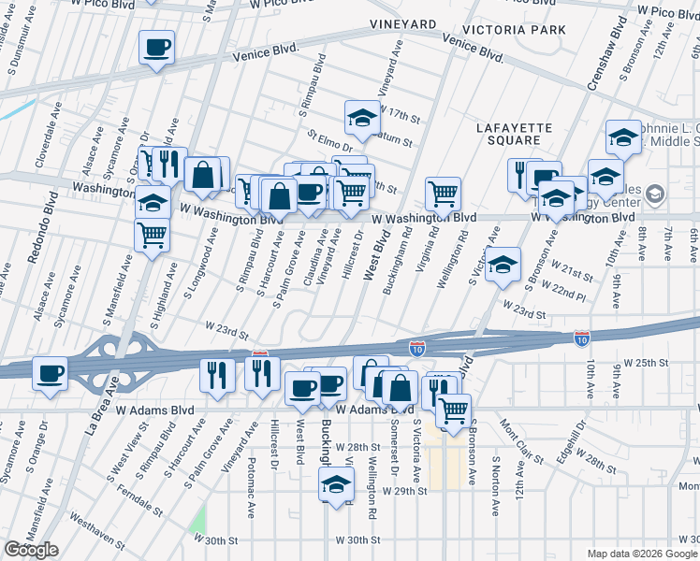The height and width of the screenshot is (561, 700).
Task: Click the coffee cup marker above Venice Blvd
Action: (x=156, y=47)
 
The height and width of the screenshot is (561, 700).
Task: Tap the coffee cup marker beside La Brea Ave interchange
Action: (x=50, y=374)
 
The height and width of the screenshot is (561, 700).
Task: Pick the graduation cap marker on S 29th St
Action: (x=336, y=484)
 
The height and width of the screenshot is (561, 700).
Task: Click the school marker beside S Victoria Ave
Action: (x=503, y=264)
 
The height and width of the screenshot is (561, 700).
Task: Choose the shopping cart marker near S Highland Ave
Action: (x=152, y=236)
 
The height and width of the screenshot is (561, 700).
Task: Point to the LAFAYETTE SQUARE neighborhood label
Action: (x=514, y=134)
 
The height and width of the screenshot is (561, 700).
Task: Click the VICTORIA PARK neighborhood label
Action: (x=518, y=30)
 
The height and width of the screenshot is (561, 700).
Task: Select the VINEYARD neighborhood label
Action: (x=402, y=22)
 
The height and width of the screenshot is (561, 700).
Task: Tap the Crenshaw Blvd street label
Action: (x=605, y=57)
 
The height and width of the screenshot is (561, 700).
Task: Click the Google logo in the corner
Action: (x=31, y=550)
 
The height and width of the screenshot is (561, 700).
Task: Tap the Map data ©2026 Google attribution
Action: (x=642, y=554)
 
